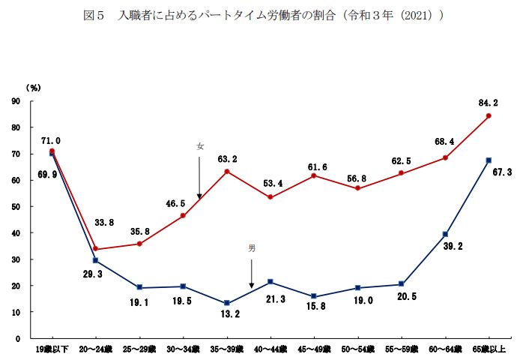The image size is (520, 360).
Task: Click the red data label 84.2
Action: coord(488,103)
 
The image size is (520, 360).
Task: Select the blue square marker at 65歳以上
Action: coord(489,160)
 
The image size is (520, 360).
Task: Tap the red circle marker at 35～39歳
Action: coord(226,172)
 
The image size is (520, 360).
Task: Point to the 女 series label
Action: coord(200,146)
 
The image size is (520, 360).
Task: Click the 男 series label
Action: coord(252,247)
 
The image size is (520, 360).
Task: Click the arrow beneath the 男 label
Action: coord(252,274)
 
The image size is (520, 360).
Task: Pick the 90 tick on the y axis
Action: coord(16,101)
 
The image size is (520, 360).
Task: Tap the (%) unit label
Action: coord(33,88)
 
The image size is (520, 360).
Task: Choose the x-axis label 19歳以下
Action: coord(52,350)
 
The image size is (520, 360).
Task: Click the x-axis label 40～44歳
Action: coord(270,350)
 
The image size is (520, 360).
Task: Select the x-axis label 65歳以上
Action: coord(489,350)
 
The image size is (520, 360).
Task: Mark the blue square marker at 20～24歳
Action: coord(95,260)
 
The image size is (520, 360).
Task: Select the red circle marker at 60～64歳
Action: coord(445,157)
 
